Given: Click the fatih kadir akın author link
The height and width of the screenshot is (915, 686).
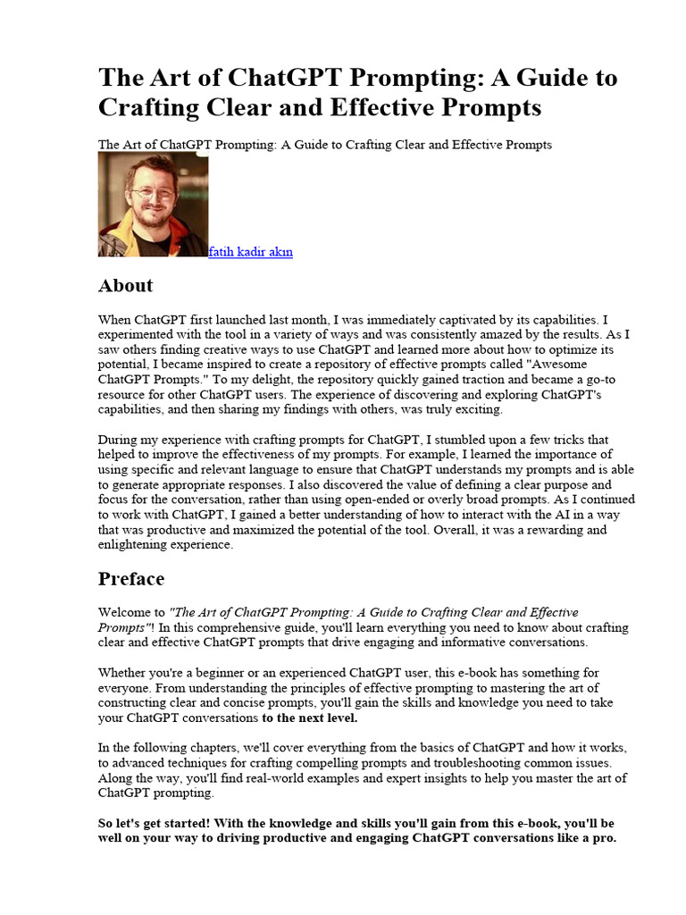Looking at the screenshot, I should (250, 252).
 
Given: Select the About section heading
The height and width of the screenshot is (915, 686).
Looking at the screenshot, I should (125, 286).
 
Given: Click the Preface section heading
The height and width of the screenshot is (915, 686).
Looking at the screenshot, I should (130, 579).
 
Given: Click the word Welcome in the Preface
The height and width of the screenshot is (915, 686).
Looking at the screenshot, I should (131, 613).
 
